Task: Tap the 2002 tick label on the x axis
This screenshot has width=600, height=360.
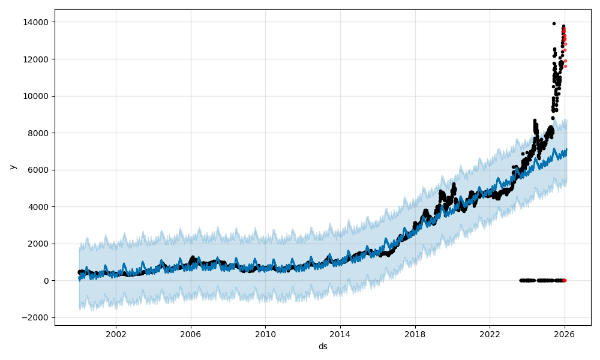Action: pyautogui.click(x=116, y=334)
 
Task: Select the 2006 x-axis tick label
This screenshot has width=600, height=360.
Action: pyautogui.click(x=191, y=334)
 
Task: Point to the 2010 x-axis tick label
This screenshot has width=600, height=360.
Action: pyautogui.click(x=265, y=334)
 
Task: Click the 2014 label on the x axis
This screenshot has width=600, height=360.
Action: pyautogui.click(x=340, y=334)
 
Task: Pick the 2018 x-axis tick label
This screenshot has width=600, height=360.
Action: pyautogui.click(x=415, y=334)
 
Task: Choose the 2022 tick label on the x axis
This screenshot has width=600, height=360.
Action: pyautogui.click(x=490, y=334)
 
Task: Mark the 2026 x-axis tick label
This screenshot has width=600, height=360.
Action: pyautogui.click(x=564, y=334)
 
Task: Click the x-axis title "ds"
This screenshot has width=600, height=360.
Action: pyautogui.click(x=323, y=346)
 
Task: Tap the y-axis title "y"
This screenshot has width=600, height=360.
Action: pyautogui.click(x=12, y=167)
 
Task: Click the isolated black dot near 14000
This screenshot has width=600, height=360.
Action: pyautogui.click(x=554, y=23)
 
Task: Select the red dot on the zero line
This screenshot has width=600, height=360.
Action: pyautogui.click(x=564, y=280)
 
